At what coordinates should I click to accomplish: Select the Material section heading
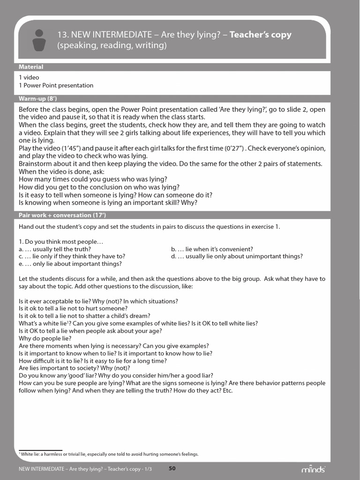pyautogui.click(x=31, y=67)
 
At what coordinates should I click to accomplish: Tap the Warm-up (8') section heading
pyautogui.click(x=38, y=98)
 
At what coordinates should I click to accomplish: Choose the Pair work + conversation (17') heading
pyautogui.click(x=62, y=215)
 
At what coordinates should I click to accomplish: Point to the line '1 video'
pyautogui.click(x=29, y=77)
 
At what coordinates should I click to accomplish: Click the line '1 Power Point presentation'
pyautogui.click(x=56, y=85)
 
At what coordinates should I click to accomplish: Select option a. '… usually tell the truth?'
pyautogui.click(x=55, y=249)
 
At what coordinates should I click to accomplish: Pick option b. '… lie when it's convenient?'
pyautogui.click(x=212, y=249)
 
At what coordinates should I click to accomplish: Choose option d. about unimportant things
pyautogui.click(x=237, y=256)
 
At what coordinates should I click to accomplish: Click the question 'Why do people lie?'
pyautogui.click(x=45, y=338)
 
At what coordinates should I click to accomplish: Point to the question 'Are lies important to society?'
pyautogui.click(x=67, y=368)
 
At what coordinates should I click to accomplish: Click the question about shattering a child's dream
pyautogui.click(x=84, y=315)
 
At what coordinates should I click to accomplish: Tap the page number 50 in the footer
pyautogui.click(x=172, y=468)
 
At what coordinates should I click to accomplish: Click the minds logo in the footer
pyautogui.click(x=313, y=469)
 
